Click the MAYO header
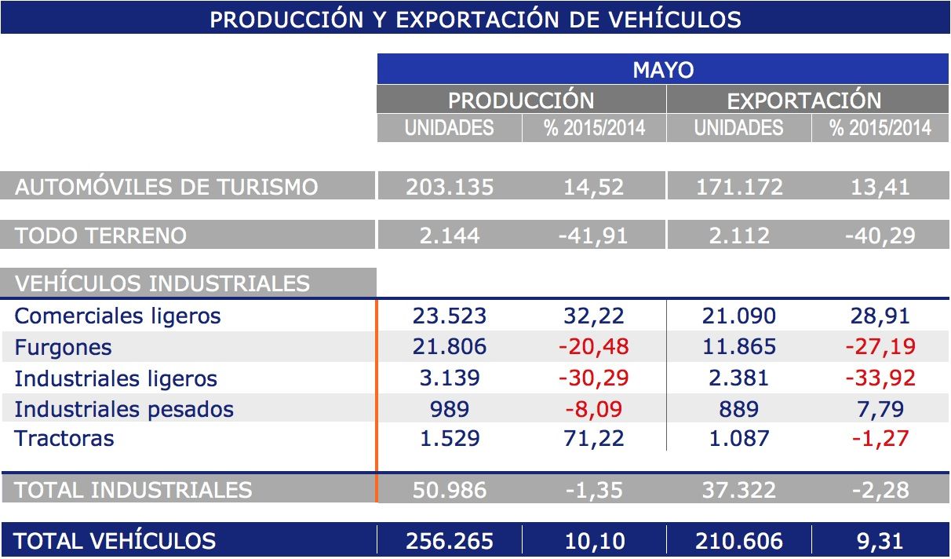tap(663, 70)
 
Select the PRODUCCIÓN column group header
tap(521, 100)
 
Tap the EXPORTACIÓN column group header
tap(804, 100)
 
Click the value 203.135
tap(450, 187)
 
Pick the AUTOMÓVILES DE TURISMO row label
tap(166, 187)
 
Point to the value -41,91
tap(594, 236)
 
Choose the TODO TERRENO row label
tap(100, 236)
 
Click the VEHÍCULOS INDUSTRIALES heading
tap(162, 283)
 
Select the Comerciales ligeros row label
tap(118, 316)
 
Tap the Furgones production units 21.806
tap(450, 347)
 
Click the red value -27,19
tap(880, 347)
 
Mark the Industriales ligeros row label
tap(115, 378)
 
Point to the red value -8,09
tap(594, 409)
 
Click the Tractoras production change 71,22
tap(594, 438)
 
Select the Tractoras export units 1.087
tap(738, 438)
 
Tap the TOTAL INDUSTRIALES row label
tap(133, 490)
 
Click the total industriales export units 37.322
tap(738, 490)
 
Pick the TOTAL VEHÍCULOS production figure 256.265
tap(450, 541)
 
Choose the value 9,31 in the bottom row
tap(880, 541)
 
